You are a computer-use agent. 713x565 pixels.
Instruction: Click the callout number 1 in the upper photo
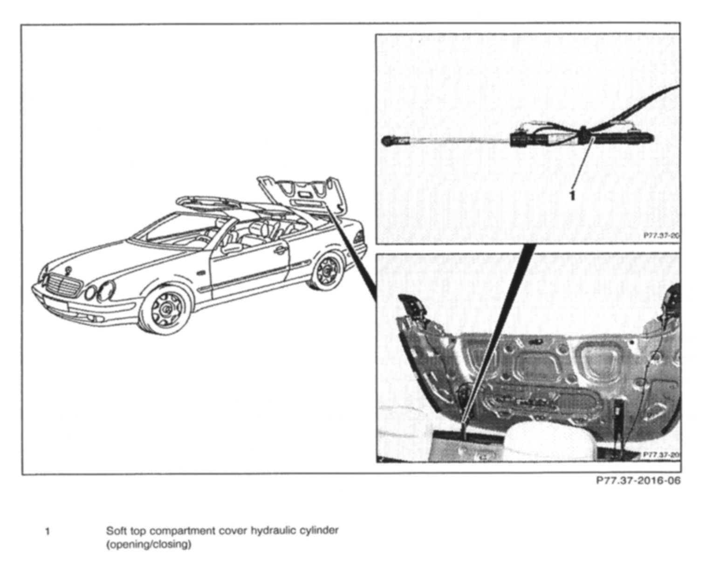tap(573, 195)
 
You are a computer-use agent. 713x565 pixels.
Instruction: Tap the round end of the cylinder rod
tap(388, 139)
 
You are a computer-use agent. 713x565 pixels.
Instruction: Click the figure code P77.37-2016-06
tap(638, 481)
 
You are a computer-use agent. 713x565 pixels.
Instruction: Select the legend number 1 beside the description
tap(48, 531)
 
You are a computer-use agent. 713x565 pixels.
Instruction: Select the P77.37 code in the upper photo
tap(661, 236)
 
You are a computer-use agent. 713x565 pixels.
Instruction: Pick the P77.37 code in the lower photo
tap(661, 454)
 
